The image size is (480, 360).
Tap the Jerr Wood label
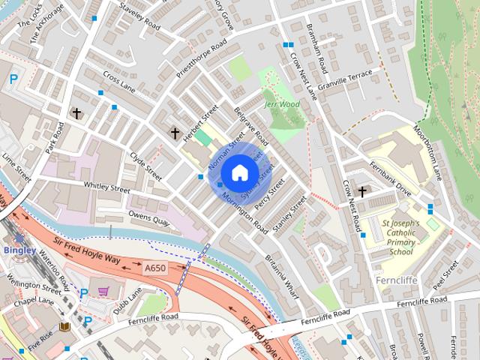(281, 104)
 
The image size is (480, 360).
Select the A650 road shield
(155, 268)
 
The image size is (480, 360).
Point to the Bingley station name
(18, 249)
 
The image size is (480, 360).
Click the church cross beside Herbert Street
(175, 133)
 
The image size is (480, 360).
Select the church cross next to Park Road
(76, 113)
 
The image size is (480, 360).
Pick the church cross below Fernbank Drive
(362, 192)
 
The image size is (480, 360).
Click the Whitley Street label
(107, 192)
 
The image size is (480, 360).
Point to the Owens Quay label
(149, 218)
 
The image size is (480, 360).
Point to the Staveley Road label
(139, 15)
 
